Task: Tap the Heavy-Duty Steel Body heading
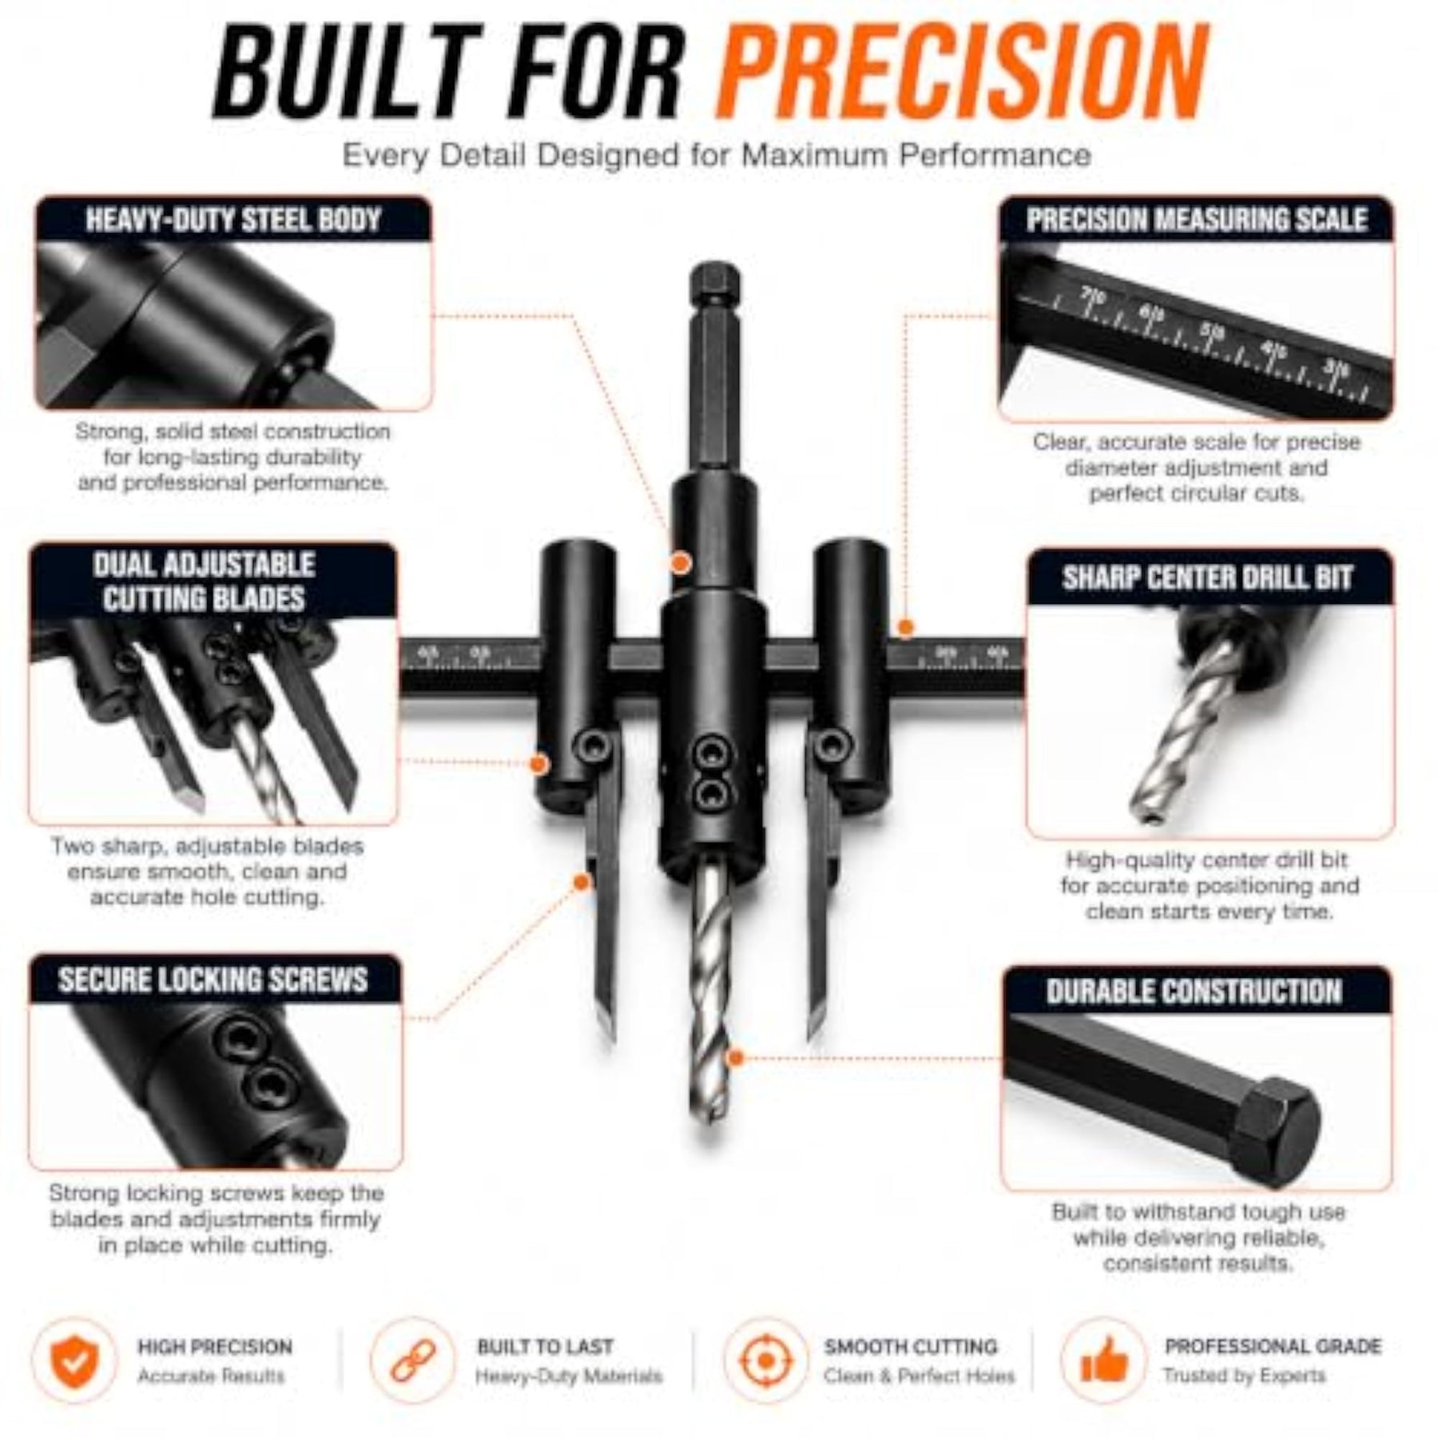[232, 220]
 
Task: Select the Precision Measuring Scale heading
[1197, 220]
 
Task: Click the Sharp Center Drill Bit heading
[1207, 578]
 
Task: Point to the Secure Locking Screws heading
[213, 979]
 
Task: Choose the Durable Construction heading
[1194, 991]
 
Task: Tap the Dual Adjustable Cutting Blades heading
[204, 582]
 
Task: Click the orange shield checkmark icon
[75, 1360]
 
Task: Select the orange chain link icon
[413, 1360]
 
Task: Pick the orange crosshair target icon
[765, 1360]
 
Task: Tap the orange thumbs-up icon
[1103, 1360]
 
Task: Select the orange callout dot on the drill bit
[737, 1058]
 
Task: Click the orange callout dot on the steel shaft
[680, 563]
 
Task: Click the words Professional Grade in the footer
[1273, 1346]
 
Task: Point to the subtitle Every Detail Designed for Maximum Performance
[717, 155]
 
